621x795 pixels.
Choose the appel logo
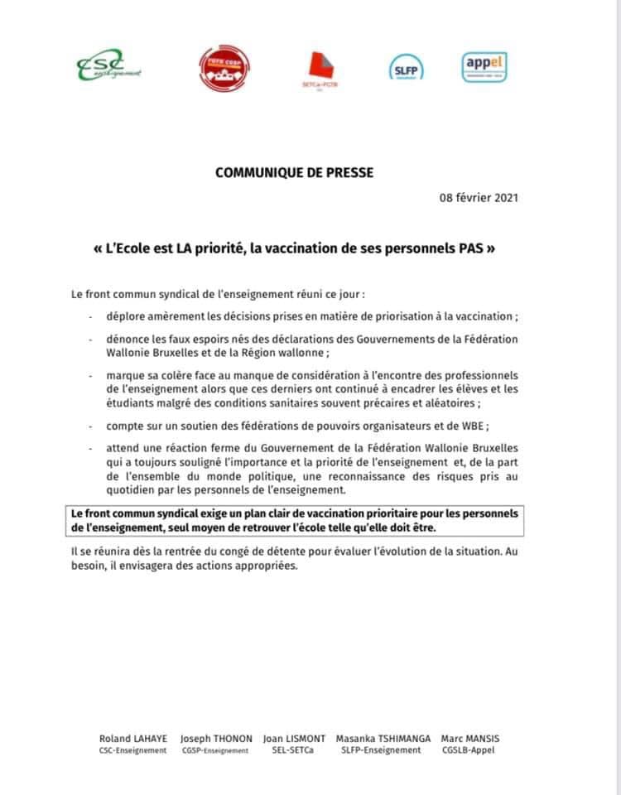[x=485, y=66]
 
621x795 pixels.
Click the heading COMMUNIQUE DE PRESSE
[x=294, y=173]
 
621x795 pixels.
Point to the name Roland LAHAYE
[x=132, y=739]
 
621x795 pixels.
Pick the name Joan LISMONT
[x=294, y=739]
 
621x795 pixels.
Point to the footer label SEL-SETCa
[x=294, y=751]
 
